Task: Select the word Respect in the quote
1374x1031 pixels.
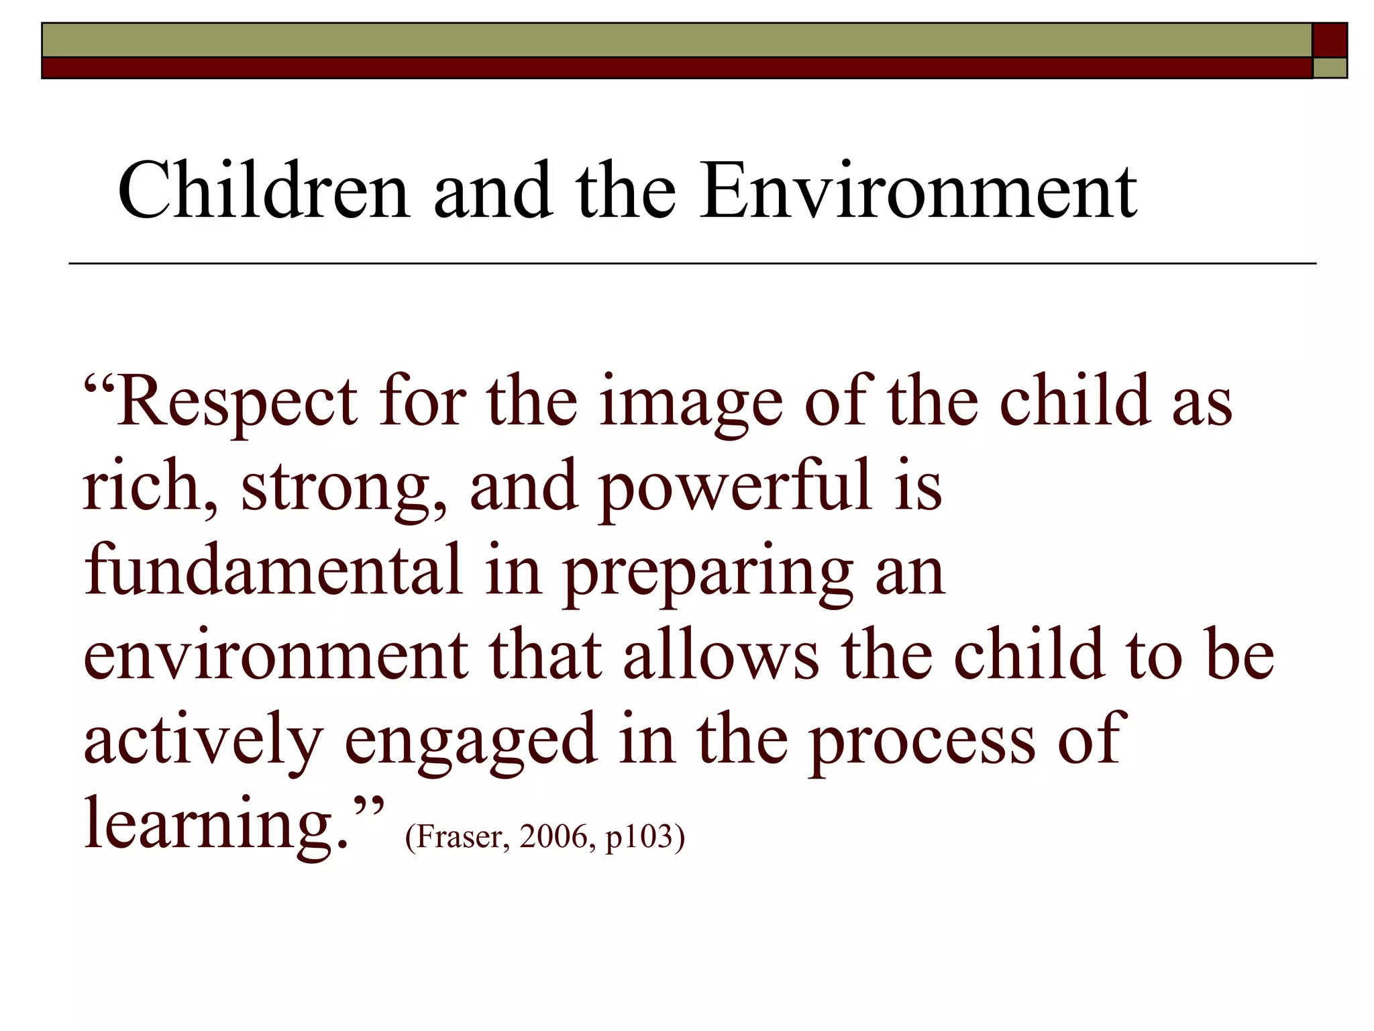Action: [237, 403]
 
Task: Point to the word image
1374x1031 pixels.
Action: [690, 403]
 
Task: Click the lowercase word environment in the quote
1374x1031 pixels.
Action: [276, 655]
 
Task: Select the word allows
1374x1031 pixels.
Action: [721, 654]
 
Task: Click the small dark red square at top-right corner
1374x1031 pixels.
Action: [1330, 40]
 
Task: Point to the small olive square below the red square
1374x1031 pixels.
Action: [1330, 68]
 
